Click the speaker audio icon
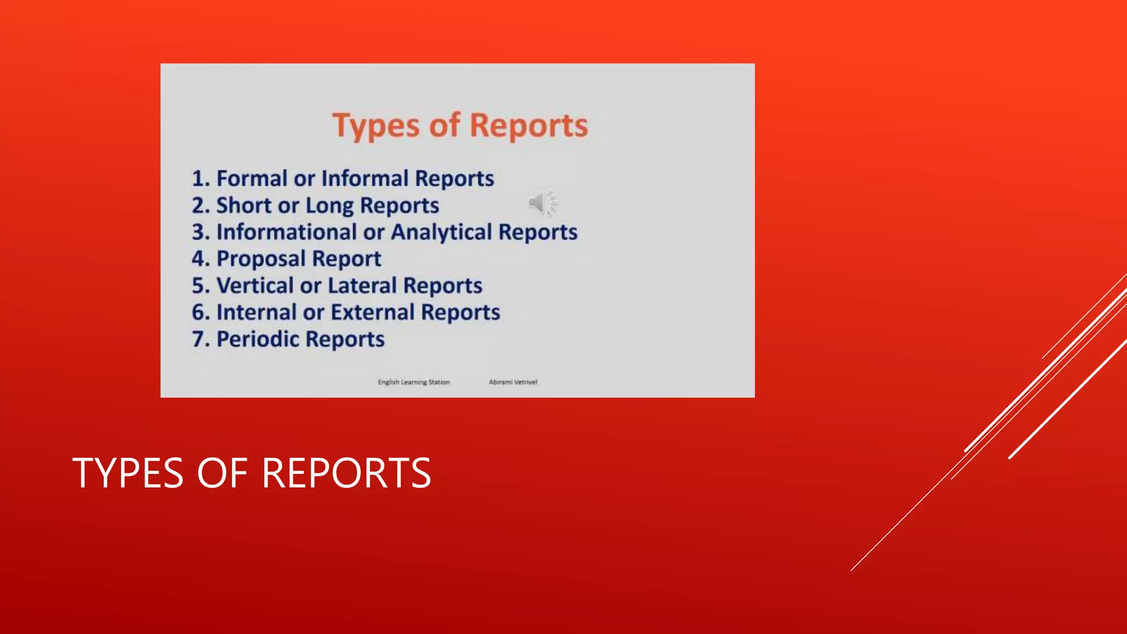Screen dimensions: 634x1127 pyautogui.click(x=542, y=203)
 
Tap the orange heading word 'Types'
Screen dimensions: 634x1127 pyautogui.click(x=376, y=126)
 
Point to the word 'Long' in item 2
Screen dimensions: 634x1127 pyautogui.click(x=330, y=205)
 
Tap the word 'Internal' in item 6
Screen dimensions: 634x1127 pyautogui.click(x=256, y=312)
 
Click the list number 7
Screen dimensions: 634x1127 pyautogui.click(x=198, y=339)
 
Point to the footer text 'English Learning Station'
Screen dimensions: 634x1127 pyautogui.click(x=414, y=382)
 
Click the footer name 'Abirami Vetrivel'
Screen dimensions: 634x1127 pyautogui.click(x=513, y=382)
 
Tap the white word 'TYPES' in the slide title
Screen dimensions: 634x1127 pyautogui.click(x=128, y=473)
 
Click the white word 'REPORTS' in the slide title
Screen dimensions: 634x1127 pyautogui.click(x=346, y=473)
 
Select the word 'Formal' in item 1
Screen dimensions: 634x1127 pyautogui.click(x=251, y=178)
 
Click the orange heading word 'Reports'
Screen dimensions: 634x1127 pyautogui.click(x=529, y=126)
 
